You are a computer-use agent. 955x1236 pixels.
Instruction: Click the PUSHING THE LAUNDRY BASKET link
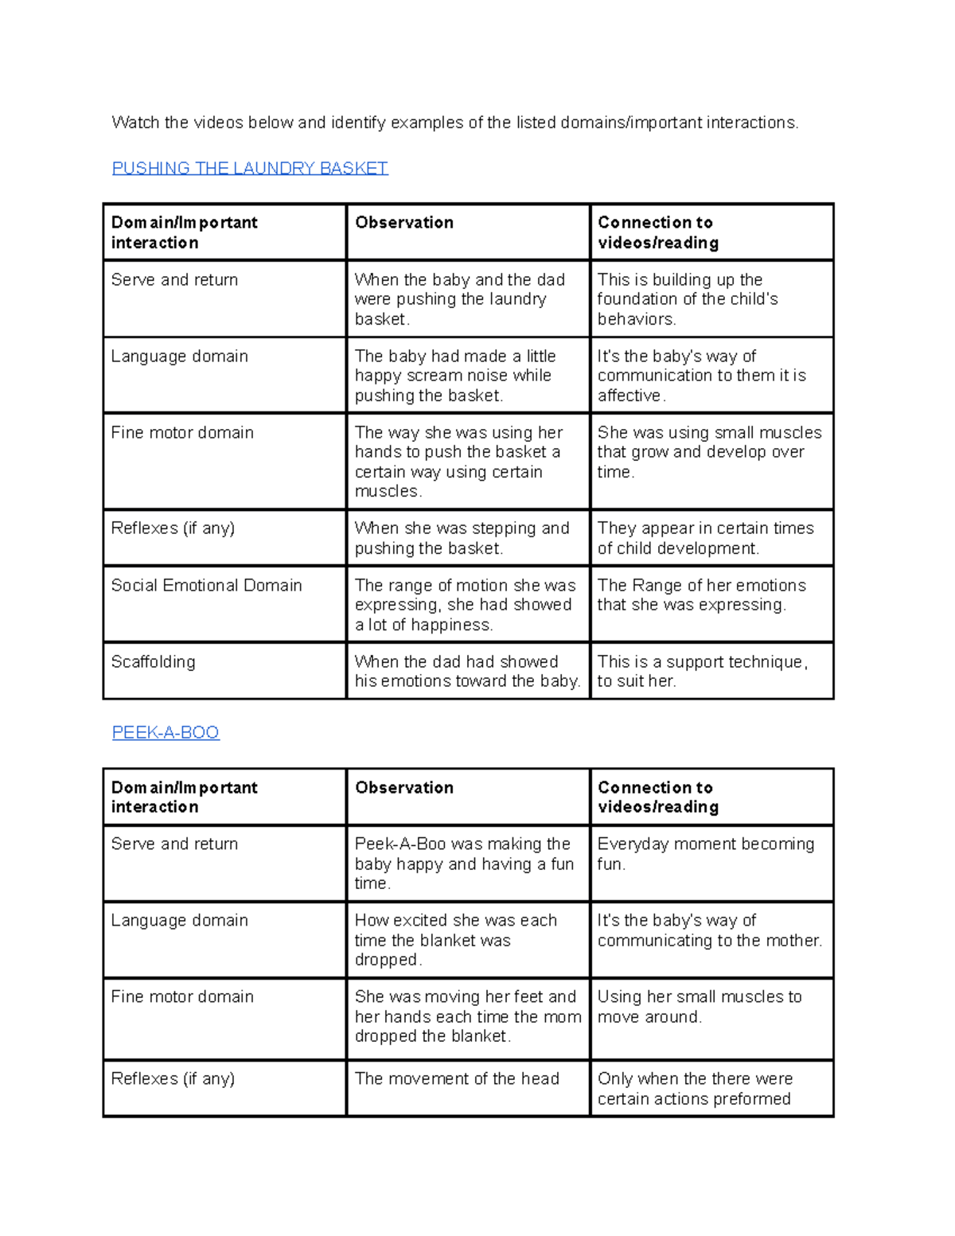click(249, 168)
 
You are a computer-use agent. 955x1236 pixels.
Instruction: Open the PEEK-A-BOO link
click(165, 732)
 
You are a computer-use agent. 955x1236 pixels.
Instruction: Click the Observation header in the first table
click(403, 223)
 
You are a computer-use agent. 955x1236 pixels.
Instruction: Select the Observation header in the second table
click(403, 787)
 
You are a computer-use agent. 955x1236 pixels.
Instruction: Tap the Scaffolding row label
click(153, 662)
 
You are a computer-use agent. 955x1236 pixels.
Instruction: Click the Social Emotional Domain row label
click(206, 586)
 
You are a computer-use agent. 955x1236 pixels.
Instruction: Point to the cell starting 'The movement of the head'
click(457, 1079)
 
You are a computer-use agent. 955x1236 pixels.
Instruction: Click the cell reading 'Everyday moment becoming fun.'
click(705, 854)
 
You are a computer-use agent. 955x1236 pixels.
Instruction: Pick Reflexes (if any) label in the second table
click(173, 1079)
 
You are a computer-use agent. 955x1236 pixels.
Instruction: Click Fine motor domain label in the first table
click(182, 433)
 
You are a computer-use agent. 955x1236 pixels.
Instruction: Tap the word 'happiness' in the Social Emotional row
click(450, 626)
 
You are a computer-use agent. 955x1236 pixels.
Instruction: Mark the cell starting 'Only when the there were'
click(695, 1089)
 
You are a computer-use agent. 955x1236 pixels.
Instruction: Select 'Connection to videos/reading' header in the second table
click(657, 797)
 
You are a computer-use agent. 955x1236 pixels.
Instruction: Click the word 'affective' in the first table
click(630, 396)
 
